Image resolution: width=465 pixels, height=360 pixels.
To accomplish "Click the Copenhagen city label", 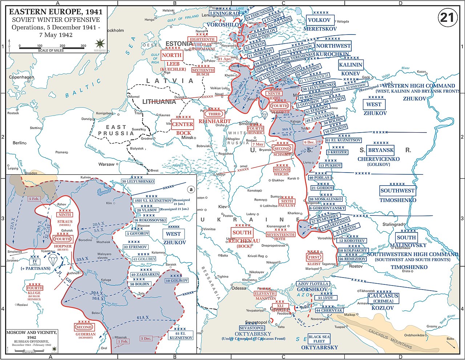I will coord(21,77).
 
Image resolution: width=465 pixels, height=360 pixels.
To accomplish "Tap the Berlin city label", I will coord(20,143).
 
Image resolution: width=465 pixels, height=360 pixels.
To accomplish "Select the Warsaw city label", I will coord(106,164).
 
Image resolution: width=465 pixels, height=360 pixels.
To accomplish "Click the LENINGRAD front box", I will coord(225,13).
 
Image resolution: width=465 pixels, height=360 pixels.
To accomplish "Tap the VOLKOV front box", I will coord(319,20).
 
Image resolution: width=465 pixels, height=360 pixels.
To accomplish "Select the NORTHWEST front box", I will coord(333,46).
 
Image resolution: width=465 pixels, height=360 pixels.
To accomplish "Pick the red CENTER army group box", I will coord(182,124).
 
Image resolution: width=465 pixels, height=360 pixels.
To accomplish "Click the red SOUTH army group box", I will coord(242,232).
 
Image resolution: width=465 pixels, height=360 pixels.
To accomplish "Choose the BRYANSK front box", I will coord(381,150).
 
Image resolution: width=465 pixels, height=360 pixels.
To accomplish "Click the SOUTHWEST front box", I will coord(397,190).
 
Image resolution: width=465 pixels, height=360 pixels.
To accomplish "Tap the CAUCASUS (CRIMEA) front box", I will coord(383,298).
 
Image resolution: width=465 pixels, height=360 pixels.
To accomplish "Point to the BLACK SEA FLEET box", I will coord(319,339).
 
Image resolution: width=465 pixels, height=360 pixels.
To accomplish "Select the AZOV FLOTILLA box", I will coord(313,284).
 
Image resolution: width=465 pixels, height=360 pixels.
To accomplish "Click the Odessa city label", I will coord(239,288).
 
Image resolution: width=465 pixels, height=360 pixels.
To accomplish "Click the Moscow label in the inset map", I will coord(143,226).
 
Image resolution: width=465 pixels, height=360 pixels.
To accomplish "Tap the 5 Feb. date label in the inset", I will coord(34,199).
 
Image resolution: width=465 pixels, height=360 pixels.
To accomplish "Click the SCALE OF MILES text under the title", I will coord(50,50).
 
